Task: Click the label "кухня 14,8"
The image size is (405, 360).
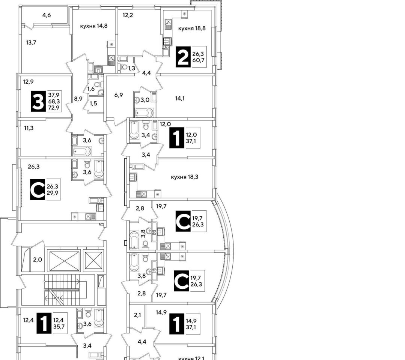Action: [94, 26]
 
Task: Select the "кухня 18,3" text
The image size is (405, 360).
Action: [184, 177]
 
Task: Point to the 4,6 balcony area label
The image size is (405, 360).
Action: [47, 15]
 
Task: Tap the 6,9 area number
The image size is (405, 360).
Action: [119, 95]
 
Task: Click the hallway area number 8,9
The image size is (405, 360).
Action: [78, 99]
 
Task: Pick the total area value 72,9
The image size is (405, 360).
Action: [54, 108]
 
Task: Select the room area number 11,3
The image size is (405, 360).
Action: [29, 127]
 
